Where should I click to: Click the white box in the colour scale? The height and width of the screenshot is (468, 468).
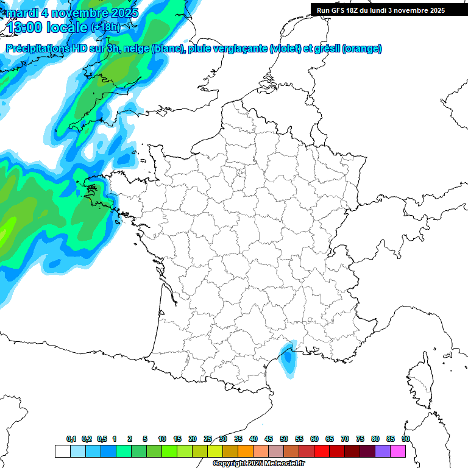62,451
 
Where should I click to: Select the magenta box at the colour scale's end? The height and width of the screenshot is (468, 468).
398,451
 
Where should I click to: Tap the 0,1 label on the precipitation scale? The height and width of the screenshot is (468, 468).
71,439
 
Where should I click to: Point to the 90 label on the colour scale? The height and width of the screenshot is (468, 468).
406,439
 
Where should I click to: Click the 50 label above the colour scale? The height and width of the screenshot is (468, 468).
284,439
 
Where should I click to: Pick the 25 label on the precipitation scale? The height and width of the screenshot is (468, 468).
208,439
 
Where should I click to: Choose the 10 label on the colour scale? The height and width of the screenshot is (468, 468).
162,439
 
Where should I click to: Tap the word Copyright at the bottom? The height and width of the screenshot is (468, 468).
228,464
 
